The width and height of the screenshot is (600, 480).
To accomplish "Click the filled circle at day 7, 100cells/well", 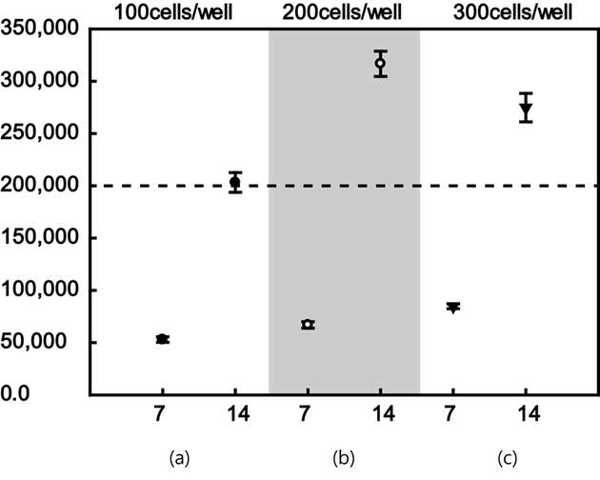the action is [162, 339].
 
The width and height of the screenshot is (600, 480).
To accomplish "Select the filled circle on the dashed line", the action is [235, 182].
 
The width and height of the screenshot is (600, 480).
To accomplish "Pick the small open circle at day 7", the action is [308, 325].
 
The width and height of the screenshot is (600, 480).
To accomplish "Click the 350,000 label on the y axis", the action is [39, 29].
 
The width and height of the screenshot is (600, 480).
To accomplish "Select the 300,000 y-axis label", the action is [39, 81].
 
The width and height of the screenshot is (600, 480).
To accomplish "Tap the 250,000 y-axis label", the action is [39, 132].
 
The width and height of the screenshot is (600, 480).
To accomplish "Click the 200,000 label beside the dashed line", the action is [39, 186].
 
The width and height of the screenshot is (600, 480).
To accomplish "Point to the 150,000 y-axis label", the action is [39, 237].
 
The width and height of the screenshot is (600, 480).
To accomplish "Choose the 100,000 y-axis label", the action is [39, 290].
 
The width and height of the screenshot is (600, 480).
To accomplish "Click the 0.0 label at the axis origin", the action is [15, 393].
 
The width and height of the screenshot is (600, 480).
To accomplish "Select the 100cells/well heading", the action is [173, 12].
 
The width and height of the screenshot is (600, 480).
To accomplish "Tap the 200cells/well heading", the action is [342, 12].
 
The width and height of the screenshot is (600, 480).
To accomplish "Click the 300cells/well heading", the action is [512, 12].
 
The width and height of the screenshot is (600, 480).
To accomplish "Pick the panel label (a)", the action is [179, 458].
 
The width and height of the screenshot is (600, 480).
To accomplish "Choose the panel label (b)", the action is [344, 458].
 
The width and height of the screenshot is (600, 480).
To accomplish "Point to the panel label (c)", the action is [508, 458].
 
